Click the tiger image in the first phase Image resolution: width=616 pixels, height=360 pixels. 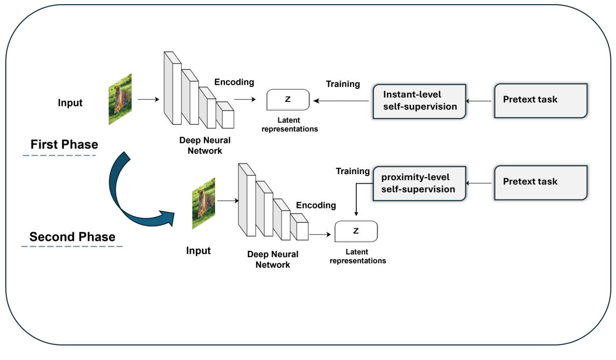tap(120, 99)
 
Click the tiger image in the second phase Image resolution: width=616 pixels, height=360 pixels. tap(204, 203)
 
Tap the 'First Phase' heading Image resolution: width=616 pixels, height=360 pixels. tap(64, 144)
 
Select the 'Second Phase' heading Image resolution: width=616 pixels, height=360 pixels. tap(72, 237)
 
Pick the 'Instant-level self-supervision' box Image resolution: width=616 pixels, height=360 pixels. tap(419, 101)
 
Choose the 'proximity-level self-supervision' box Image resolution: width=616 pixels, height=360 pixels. tap(419, 183)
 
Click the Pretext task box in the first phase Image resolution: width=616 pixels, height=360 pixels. tap(540, 99)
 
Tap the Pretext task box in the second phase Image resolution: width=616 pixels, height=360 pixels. tap(540, 182)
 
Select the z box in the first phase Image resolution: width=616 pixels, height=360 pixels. tap(288, 99)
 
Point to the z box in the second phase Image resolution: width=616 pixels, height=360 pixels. tap(356, 231)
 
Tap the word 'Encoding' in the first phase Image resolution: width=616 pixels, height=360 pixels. tap(234, 82)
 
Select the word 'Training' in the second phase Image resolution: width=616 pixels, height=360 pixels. tap(353, 171)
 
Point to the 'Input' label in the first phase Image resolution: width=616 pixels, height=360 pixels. tap(70, 103)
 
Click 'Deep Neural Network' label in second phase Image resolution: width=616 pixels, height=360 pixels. tap(273, 260)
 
